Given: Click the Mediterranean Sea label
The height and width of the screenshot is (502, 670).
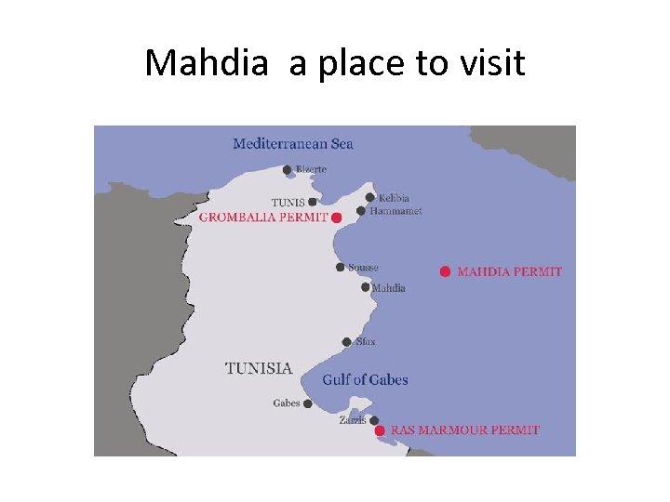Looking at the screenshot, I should pos(292,143).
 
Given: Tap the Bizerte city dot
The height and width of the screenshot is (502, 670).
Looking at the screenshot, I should pos(287,170).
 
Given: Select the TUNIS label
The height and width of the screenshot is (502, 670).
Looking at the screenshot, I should pos(288,203).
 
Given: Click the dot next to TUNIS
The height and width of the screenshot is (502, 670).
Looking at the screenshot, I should pos(312,202).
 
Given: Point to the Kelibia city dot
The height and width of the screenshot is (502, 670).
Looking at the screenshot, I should pos(369,197).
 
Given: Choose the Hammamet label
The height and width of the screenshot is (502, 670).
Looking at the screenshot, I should pos(395,211).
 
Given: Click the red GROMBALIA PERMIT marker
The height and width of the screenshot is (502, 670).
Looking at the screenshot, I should pos(337,217).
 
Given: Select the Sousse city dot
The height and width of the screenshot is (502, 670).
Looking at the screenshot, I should pos(341,268).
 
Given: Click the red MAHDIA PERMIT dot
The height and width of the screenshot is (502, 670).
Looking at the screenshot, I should pos(445,271).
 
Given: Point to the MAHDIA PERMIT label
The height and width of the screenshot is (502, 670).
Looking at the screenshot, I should pos(509,271).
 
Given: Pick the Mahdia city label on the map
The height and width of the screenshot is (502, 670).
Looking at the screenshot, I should pos(388,288).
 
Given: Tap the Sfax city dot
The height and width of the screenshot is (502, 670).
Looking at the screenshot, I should pos(346,342).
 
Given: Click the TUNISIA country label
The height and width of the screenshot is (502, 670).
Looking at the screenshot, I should pos(259,368).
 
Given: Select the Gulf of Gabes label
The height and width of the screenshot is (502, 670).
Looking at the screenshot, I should pos(365,379).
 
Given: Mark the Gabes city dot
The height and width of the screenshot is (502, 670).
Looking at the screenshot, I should pos(307,403).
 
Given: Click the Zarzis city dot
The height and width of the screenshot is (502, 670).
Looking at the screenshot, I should pos(373,420).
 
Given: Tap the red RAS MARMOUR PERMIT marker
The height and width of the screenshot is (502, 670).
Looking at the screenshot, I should pos(379,430).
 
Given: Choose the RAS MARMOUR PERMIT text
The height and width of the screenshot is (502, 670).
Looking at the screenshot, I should pos(464,430).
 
